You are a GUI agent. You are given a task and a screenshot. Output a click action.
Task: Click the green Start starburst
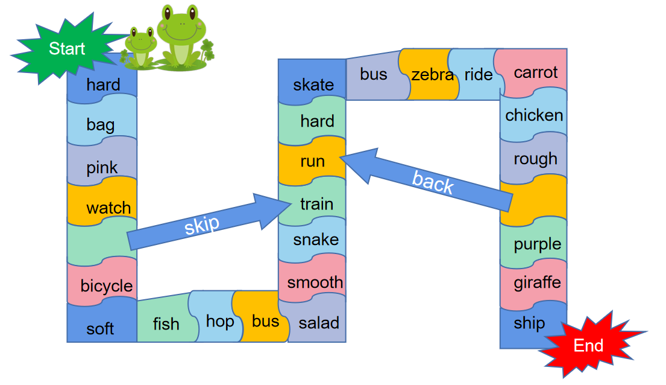pos(66,48)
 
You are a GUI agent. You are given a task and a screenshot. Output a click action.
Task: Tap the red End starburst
pos(588,345)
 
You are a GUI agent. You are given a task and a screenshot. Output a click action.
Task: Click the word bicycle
pos(107,285)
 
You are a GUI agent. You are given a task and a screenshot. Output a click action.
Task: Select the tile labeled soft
pos(101,328)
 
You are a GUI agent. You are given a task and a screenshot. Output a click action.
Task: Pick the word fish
pos(166,324)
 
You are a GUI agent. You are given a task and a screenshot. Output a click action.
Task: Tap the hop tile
pos(219,321)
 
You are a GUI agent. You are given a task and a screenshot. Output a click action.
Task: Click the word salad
pos(319,323)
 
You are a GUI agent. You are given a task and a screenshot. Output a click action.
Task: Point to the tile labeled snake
pos(316,240)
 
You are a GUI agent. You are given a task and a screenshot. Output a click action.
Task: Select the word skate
pos(313,84)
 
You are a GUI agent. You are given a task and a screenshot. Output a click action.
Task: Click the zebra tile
pos(432,74)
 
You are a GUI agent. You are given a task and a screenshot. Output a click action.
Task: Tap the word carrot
pos(535,72)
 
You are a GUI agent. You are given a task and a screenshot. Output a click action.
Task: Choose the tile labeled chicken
pos(534,115)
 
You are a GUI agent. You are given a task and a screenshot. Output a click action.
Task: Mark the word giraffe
pos(536,282)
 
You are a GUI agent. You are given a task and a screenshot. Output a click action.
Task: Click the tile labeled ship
pos(529,323)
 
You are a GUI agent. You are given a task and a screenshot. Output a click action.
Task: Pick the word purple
pos(537,244)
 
